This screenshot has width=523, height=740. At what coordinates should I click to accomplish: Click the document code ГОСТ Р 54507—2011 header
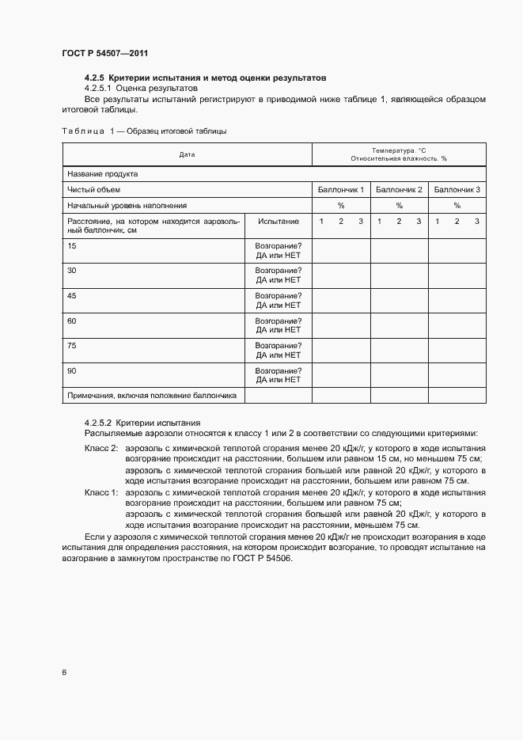tap(104, 53)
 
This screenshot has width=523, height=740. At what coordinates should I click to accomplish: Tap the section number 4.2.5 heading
tap(94, 78)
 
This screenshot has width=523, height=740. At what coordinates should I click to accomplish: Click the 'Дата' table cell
tap(187, 154)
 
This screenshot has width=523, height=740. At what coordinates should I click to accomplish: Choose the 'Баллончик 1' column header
tap(341, 190)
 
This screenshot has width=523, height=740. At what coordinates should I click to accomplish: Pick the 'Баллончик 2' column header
tap(400, 190)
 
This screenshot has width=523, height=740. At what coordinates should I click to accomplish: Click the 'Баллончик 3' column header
tap(457, 190)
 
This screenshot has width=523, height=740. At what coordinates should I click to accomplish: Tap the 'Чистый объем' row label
tap(94, 190)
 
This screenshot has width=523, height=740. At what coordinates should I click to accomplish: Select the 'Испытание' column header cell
tap(279, 222)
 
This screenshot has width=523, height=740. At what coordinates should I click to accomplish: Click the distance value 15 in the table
tap(72, 246)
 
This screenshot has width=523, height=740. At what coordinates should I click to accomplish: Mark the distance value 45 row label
tap(72, 295)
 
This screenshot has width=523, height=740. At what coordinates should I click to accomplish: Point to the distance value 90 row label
tap(72, 370)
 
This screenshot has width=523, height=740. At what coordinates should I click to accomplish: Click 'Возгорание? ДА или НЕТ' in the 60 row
tap(279, 325)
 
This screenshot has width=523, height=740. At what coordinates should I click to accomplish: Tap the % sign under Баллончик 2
tap(400, 205)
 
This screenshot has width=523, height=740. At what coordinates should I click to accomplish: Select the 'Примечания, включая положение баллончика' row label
tap(153, 395)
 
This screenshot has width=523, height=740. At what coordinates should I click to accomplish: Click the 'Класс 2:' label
tap(100, 449)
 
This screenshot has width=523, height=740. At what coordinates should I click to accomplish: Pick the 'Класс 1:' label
tap(100, 493)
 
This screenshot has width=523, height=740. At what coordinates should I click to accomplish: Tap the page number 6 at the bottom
tap(64, 673)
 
